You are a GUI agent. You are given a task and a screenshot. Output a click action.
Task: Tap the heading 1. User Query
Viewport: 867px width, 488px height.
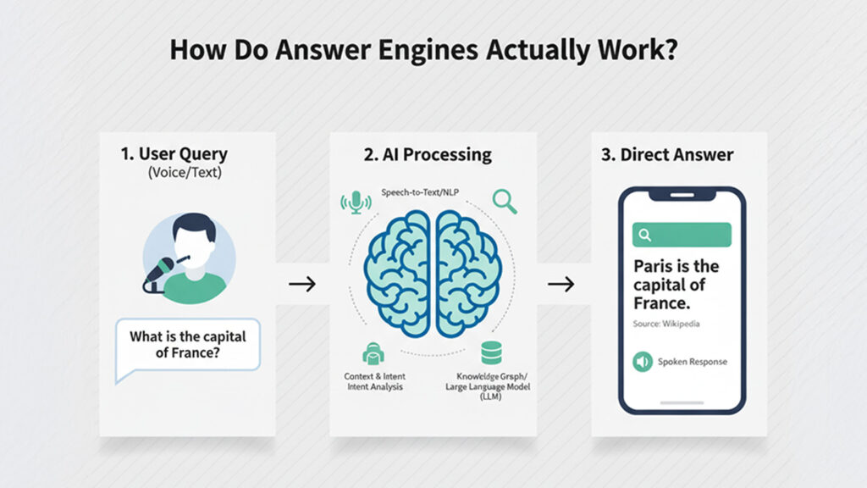pos(174,155)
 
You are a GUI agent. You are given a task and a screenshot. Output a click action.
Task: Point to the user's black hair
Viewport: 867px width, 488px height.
pos(194,226)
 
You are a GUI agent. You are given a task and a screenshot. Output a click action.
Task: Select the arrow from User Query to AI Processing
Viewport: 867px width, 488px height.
pos(301,284)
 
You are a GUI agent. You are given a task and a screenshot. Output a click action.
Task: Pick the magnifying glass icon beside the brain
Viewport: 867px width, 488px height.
pos(504,201)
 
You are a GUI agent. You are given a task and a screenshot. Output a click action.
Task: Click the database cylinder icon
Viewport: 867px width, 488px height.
pos(490,352)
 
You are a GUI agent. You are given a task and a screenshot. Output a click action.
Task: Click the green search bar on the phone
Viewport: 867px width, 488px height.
pos(682,235)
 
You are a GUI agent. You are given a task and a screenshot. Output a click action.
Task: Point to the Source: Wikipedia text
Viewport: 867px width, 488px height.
pos(666,324)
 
